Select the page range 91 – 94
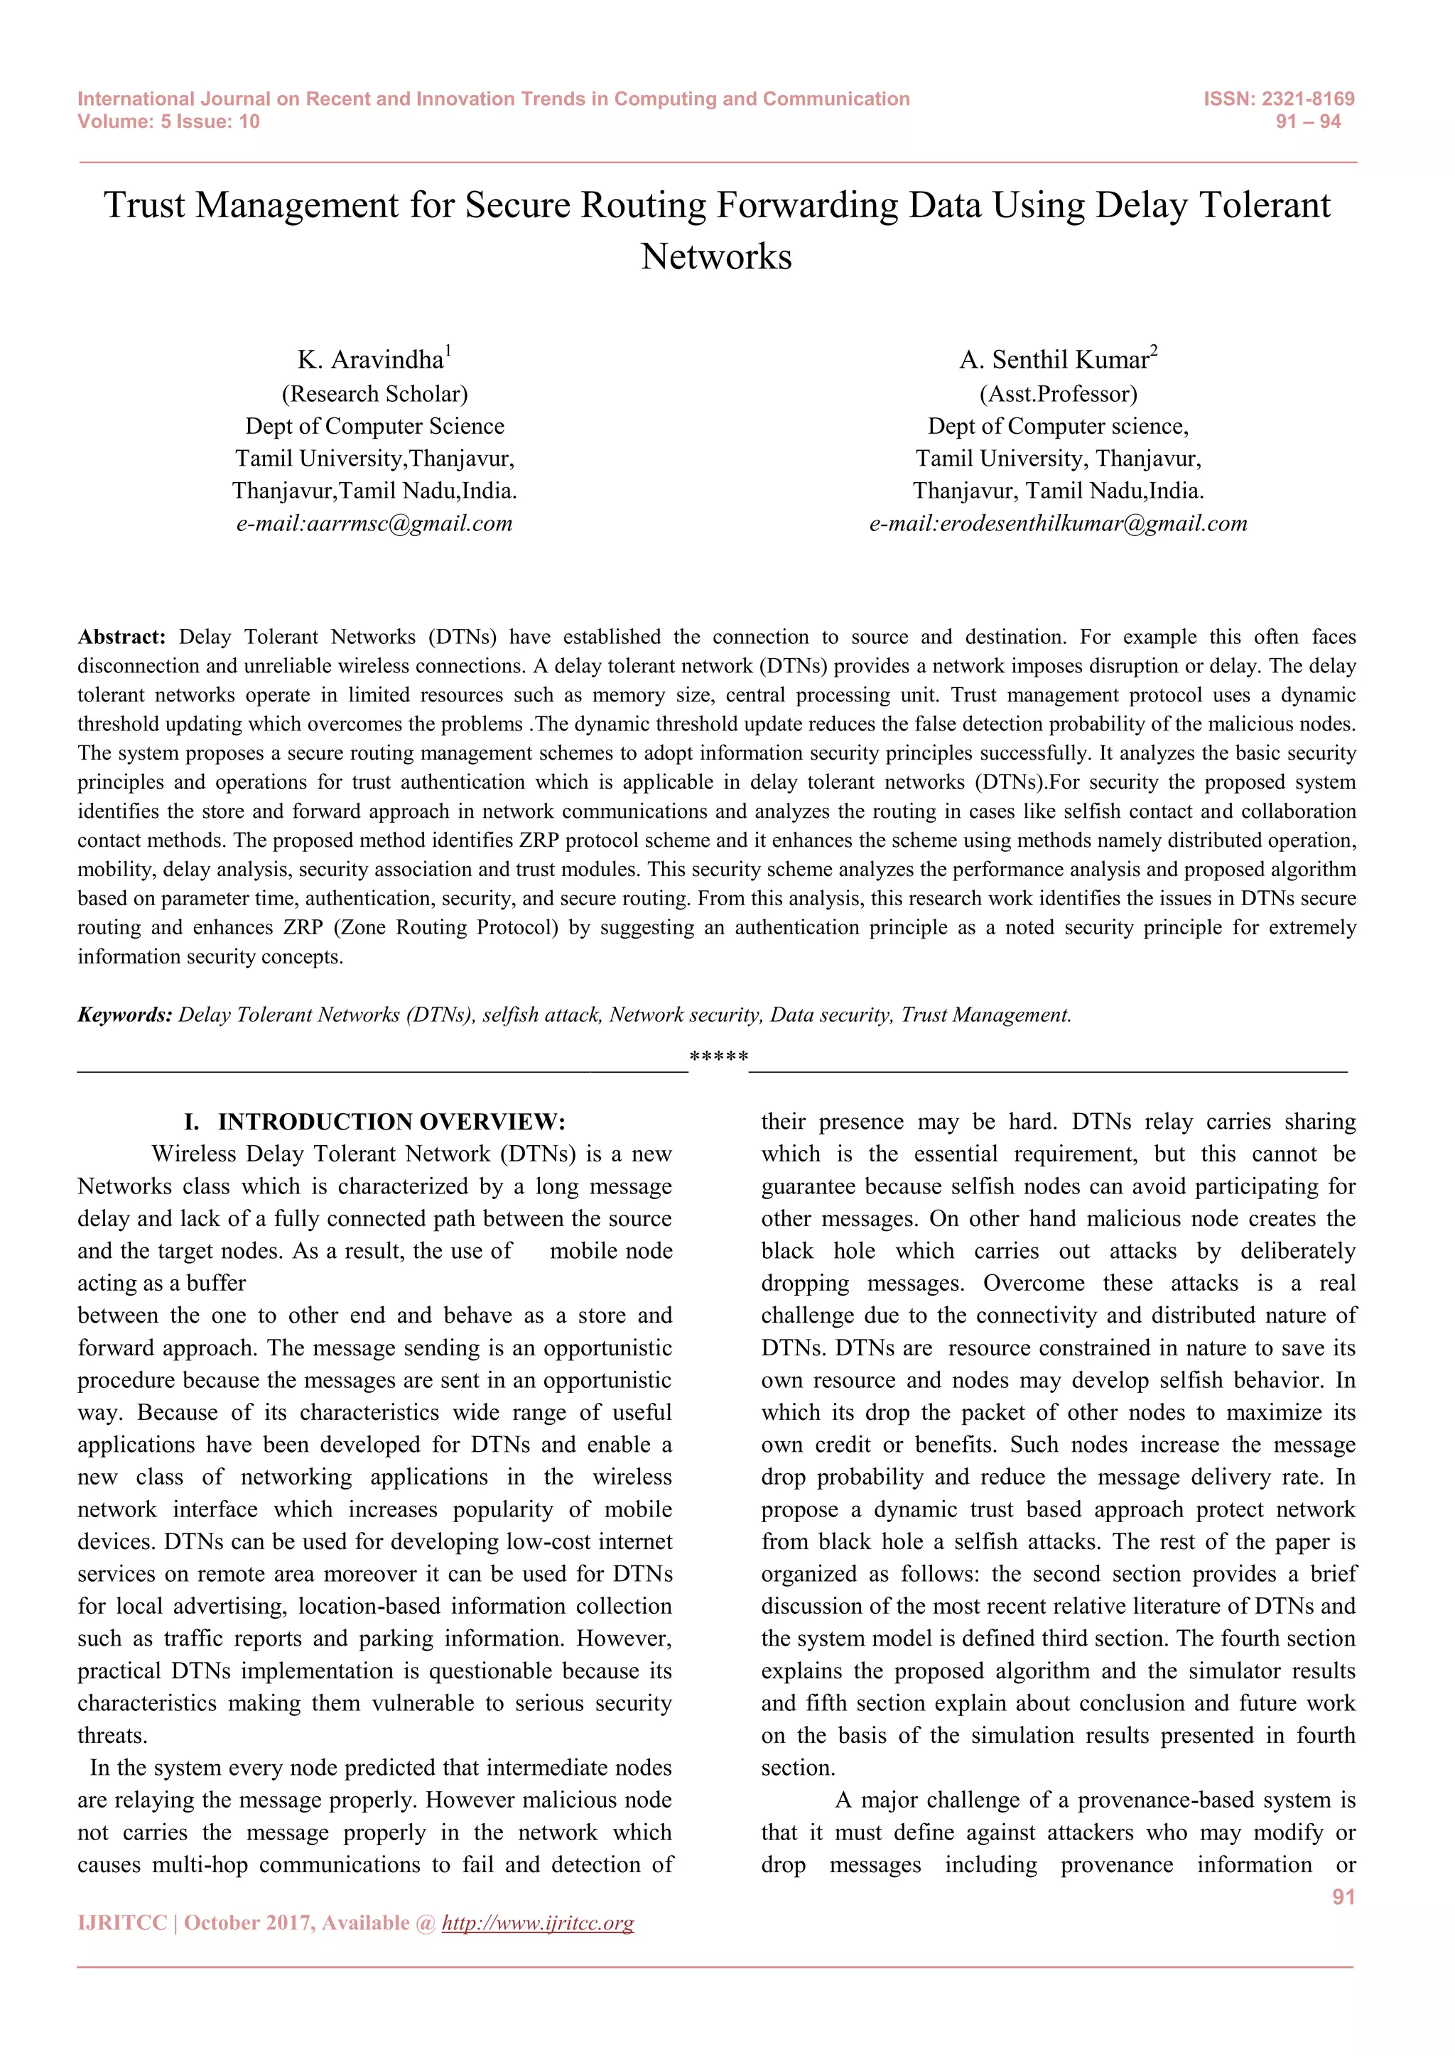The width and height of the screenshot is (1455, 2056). click(x=1308, y=122)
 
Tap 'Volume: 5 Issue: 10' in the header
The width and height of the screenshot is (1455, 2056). click(x=168, y=122)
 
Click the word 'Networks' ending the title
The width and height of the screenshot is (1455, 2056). click(x=716, y=257)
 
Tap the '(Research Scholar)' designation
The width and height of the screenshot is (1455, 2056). click(x=374, y=394)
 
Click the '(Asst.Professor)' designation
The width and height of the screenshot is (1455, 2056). click(x=1058, y=394)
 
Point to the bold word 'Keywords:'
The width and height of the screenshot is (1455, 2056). click(x=124, y=1015)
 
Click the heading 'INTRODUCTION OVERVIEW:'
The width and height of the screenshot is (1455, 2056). click(x=391, y=1122)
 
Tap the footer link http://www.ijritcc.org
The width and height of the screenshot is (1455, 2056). click(x=538, y=1923)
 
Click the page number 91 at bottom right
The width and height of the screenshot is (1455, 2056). click(x=1343, y=1896)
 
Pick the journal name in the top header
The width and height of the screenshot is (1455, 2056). click(x=493, y=99)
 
